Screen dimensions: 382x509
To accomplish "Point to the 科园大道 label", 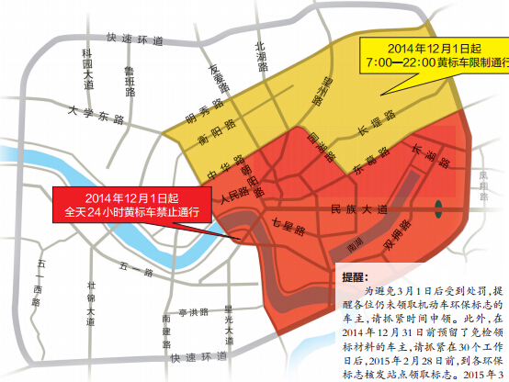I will [x=87, y=70].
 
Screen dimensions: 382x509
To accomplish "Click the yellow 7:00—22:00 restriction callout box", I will [x=435, y=54].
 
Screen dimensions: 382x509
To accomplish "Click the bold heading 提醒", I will [x=353, y=275].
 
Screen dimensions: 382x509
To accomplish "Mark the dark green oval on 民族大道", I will [x=441, y=206].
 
